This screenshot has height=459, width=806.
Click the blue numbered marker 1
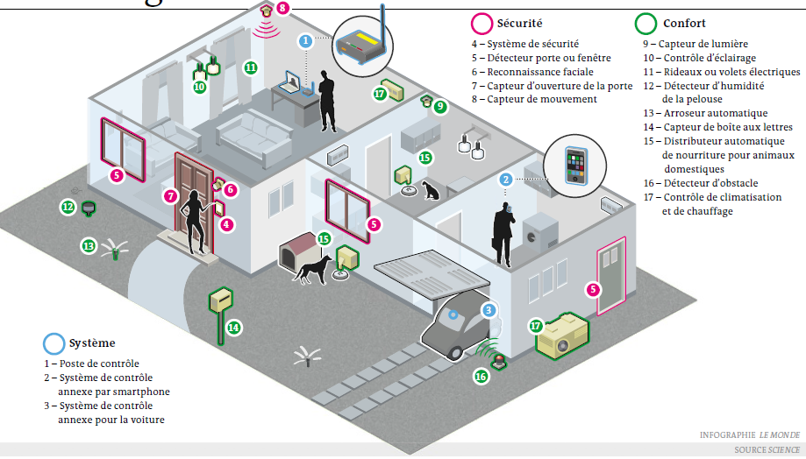(x=305, y=40)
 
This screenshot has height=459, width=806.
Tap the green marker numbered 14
(x=234, y=328)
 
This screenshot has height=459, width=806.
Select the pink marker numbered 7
(x=170, y=195)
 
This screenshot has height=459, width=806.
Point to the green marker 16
(x=481, y=377)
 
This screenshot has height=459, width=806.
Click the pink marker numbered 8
(x=282, y=8)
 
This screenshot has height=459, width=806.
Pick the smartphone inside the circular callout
(x=575, y=166)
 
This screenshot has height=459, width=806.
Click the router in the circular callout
(x=360, y=43)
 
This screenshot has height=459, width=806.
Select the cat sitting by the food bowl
(x=431, y=190)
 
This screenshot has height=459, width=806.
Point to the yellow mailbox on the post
(x=221, y=300)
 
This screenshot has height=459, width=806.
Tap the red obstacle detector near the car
(x=499, y=362)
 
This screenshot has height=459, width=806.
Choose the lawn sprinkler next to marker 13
(x=115, y=249)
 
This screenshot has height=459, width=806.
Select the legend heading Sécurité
(x=519, y=23)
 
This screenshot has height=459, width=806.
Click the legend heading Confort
(x=684, y=23)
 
